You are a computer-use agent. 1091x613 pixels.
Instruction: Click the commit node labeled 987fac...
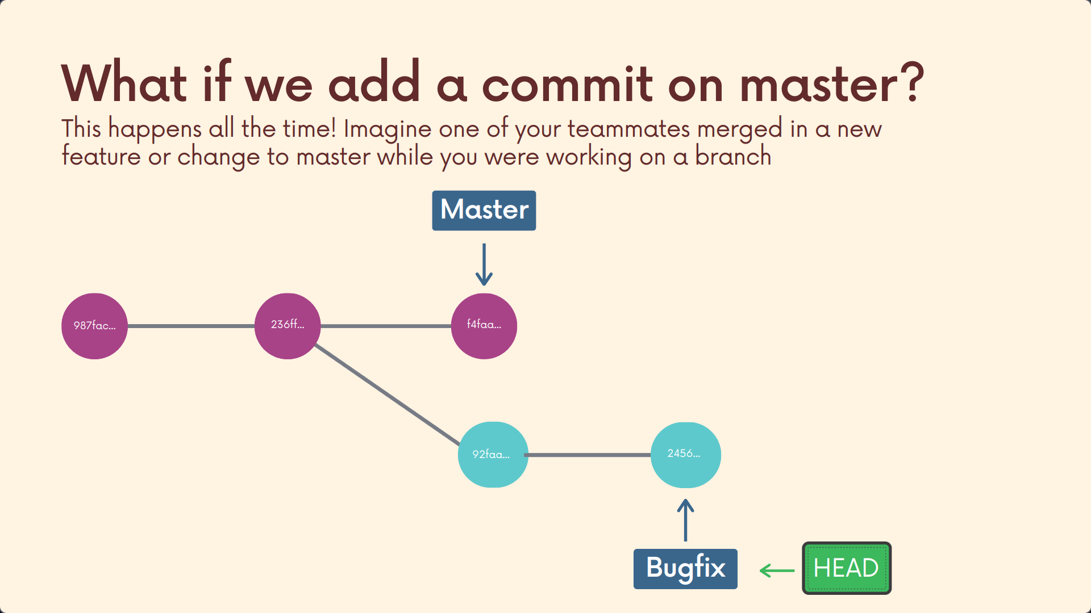tap(94, 326)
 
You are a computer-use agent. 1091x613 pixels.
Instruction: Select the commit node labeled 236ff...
tap(288, 326)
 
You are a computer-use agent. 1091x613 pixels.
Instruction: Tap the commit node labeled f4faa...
tap(484, 326)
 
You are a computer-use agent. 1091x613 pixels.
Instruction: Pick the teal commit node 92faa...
tap(493, 455)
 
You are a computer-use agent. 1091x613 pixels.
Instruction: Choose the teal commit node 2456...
tap(686, 455)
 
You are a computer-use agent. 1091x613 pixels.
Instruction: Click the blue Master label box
tap(484, 211)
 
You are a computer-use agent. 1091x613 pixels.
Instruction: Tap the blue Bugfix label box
tap(685, 569)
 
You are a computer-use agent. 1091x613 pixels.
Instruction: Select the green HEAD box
tap(847, 568)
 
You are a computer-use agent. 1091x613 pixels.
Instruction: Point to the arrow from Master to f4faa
tap(484, 264)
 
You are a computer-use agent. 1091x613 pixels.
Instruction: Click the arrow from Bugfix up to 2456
tap(686, 520)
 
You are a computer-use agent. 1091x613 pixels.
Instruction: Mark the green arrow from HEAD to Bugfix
tap(777, 570)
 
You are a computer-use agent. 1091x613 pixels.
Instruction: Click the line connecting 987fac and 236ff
tap(191, 326)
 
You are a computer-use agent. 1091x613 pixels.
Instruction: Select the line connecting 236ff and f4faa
tap(386, 326)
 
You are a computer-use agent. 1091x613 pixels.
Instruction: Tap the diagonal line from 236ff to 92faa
tap(387, 394)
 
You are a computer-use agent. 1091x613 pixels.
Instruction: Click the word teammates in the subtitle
tap(629, 129)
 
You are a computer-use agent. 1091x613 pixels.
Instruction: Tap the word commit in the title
tap(568, 84)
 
